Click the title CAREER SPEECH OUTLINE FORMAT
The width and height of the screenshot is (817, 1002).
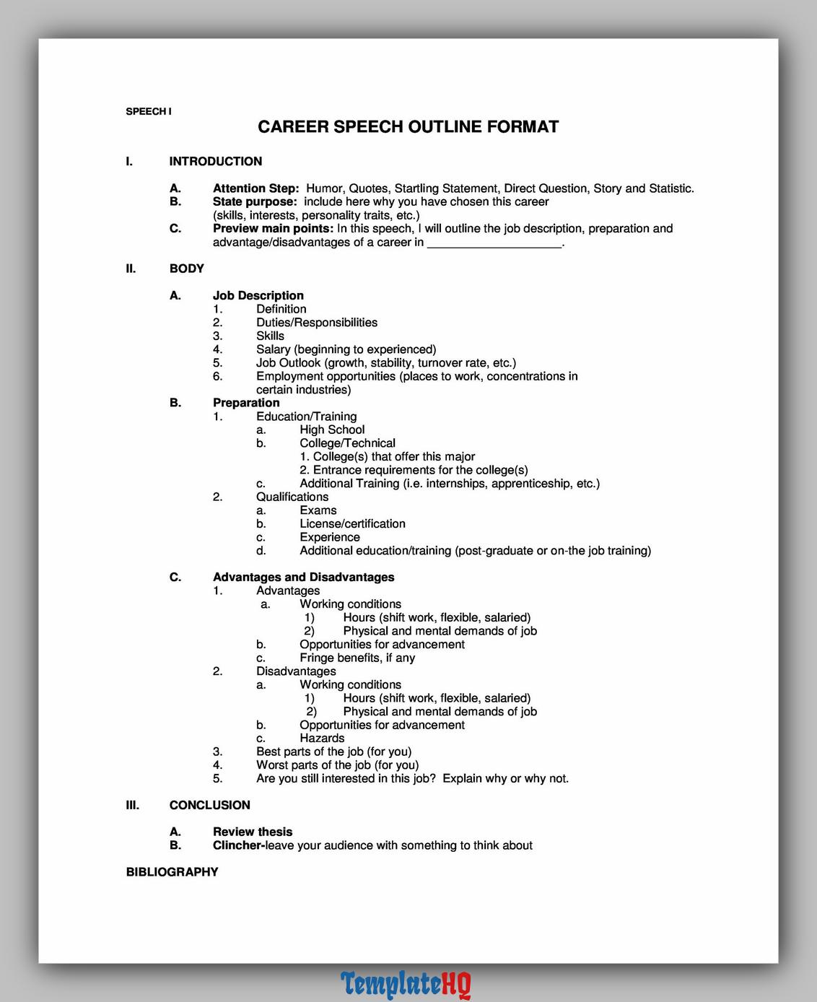(408, 127)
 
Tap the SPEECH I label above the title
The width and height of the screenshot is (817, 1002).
(149, 111)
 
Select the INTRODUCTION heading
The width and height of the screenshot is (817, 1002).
(215, 162)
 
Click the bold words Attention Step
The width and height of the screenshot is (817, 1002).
(255, 188)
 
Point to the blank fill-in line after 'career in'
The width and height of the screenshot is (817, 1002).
(494, 244)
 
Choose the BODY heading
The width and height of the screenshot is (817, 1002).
(186, 269)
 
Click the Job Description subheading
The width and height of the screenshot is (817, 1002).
(258, 295)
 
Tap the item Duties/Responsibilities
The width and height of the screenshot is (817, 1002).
(316, 323)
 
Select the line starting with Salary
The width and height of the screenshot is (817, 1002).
(346, 349)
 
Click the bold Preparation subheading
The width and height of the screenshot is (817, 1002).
(245, 403)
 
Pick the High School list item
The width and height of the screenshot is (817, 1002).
(332, 430)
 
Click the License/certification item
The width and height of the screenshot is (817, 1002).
(352, 523)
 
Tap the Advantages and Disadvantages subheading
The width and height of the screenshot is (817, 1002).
(303, 577)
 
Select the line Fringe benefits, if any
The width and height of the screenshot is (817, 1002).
(357, 658)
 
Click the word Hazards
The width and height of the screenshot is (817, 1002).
(322, 738)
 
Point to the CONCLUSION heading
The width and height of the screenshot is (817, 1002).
(209, 805)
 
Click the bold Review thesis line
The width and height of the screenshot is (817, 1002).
(252, 832)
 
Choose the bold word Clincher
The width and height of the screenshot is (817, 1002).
(237, 845)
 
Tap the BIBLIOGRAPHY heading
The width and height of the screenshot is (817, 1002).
(172, 872)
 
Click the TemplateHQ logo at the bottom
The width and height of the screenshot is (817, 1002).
(406, 984)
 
